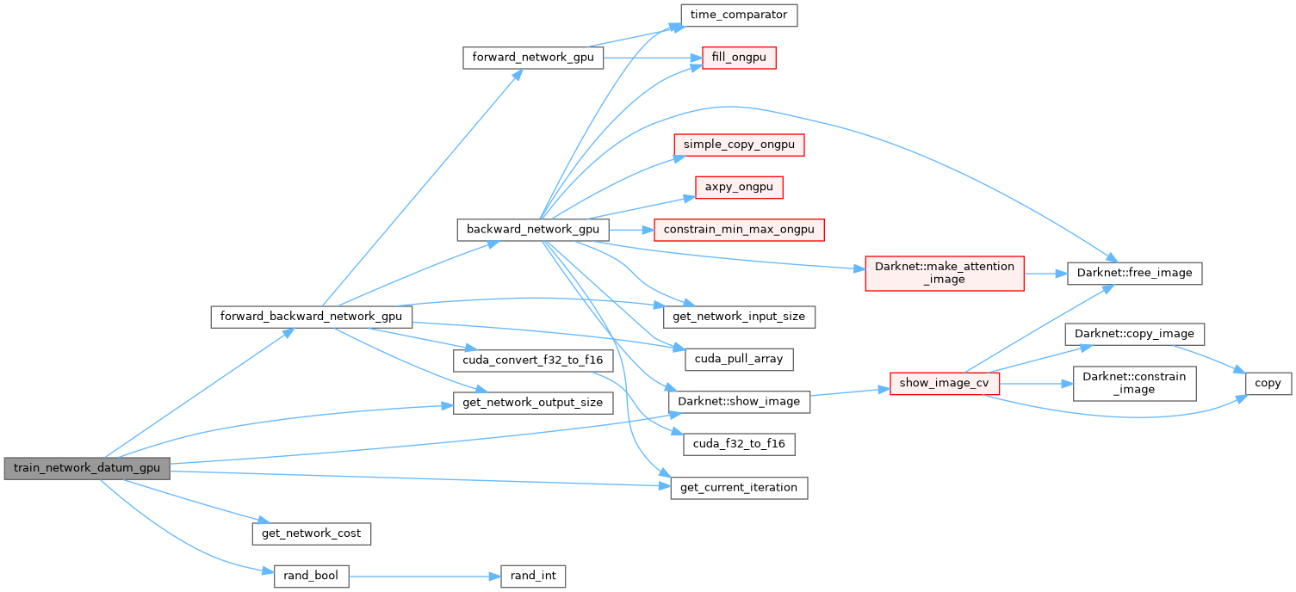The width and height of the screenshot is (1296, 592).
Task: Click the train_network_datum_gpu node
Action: coord(87,469)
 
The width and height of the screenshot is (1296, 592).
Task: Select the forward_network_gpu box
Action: coord(532,58)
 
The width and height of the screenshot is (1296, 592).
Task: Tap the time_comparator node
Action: coord(739,15)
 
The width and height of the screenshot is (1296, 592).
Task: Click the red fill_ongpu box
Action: coord(739,58)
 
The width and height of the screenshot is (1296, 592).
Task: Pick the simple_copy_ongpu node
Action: coord(739,145)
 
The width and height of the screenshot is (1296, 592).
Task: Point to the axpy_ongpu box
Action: coord(739,187)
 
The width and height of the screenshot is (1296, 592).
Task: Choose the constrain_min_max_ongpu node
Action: coord(739,230)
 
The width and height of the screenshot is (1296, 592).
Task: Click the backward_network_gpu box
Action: coord(532,230)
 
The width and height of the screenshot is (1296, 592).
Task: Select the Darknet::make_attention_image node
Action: coord(944,273)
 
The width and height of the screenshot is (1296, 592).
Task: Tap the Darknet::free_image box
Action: coord(1134,273)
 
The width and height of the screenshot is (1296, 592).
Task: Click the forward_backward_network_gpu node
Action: coord(311,316)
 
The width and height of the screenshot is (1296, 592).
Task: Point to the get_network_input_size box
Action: coord(739,316)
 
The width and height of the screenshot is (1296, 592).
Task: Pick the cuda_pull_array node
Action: coord(739,359)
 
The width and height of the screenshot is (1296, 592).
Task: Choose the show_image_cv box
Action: coord(944,383)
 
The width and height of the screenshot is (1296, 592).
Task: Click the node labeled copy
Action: coord(1268,383)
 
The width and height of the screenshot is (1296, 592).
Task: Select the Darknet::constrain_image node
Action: coord(1134,383)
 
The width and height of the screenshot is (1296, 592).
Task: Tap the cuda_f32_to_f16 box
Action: coord(739,444)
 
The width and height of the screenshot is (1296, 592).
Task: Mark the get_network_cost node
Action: coord(311,533)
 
